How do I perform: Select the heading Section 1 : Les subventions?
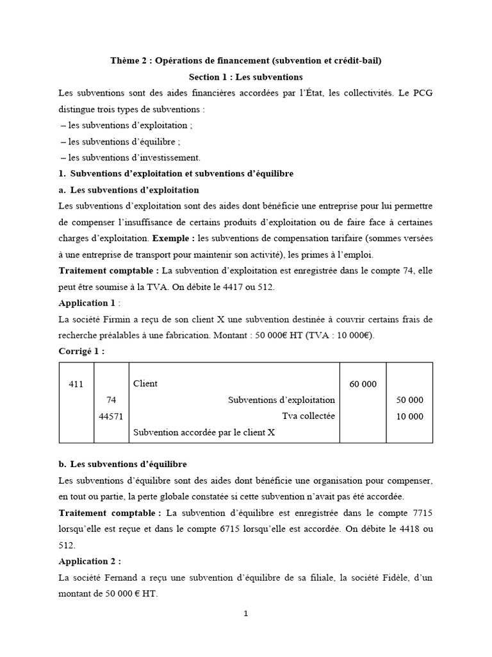click(245, 77)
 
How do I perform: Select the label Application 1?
click(83, 303)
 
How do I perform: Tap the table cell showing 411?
click(76, 384)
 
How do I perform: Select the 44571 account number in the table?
click(111, 416)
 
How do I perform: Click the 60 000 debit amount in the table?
click(362, 384)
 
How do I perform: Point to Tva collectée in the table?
click(308, 416)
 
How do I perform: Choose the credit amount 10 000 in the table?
click(410, 416)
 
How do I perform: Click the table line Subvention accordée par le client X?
click(204, 432)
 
